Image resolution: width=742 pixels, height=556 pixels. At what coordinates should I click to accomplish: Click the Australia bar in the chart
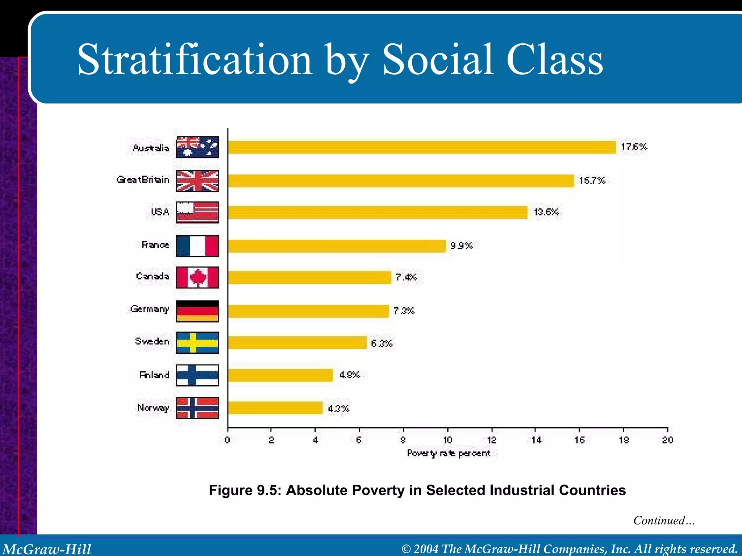coord(422,147)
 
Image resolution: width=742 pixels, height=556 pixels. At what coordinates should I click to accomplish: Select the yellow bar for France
coord(337,246)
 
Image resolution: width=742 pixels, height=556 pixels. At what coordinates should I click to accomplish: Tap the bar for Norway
coord(275,408)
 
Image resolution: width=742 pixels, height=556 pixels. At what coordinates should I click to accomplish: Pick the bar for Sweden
coord(297,342)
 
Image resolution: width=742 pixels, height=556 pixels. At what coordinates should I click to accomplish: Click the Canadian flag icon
coord(197,278)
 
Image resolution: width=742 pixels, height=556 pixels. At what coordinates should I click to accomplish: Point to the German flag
coord(197,311)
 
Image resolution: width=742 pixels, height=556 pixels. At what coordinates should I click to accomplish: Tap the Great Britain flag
coord(197,181)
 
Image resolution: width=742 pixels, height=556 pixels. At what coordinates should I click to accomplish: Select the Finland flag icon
coord(197,375)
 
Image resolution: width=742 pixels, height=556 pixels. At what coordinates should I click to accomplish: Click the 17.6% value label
coord(634,147)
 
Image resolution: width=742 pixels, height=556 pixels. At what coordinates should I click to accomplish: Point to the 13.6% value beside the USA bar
coord(546,212)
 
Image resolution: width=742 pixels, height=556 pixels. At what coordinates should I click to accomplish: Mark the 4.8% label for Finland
coord(349,375)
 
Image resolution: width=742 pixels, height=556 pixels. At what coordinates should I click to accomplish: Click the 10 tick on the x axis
coord(448,440)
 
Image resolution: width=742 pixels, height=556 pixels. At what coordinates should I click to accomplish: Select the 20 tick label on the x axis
coord(667,440)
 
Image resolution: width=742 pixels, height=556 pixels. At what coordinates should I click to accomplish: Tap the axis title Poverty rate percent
coord(449,453)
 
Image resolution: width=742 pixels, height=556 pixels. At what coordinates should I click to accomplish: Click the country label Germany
coord(150,309)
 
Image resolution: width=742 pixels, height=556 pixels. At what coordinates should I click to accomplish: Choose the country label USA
coord(160,212)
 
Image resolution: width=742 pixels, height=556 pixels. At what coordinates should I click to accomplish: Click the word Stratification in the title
coord(195,60)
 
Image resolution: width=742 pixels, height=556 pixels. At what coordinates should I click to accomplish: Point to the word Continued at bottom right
coord(659,520)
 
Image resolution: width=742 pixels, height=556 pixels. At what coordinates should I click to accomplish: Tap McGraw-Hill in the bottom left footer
coord(47,549)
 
